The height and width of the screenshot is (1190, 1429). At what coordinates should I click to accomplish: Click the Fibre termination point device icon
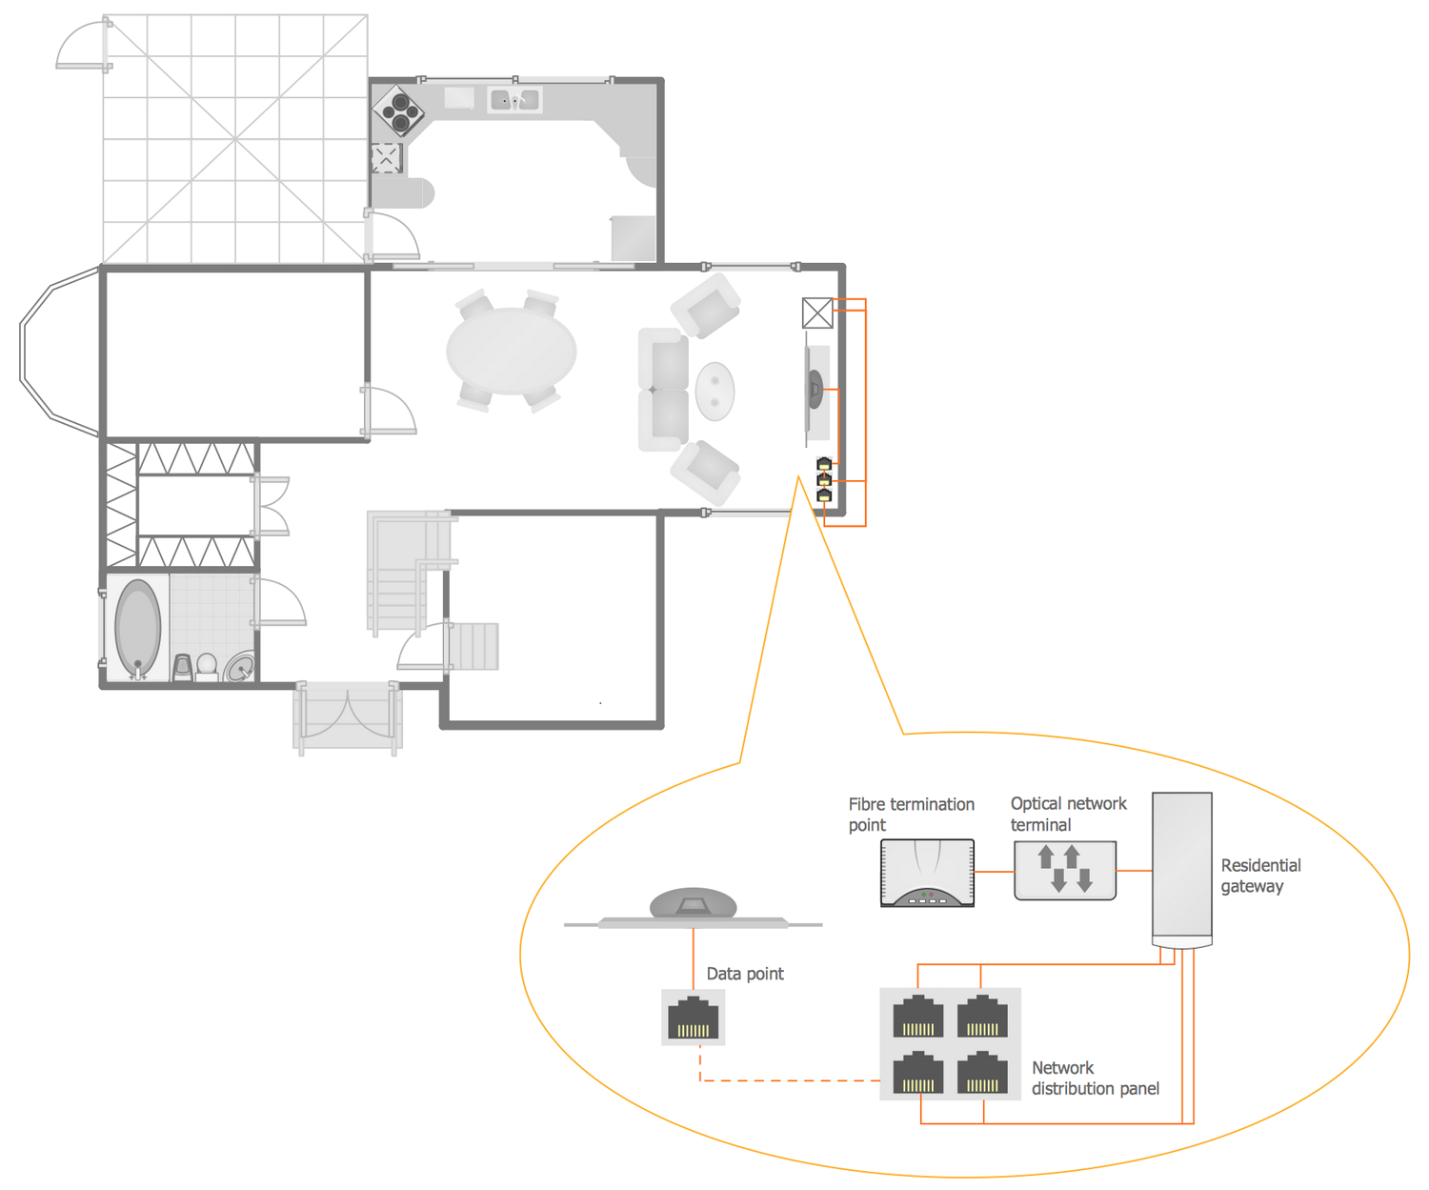[927, 872]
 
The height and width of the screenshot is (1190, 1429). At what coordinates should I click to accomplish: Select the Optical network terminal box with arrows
[1064, 870]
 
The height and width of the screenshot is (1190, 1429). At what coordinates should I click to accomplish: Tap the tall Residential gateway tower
[1181, 867]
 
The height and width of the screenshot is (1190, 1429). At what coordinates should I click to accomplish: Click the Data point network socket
[693, 1018]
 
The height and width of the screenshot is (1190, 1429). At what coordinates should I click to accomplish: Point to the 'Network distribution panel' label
[1095, 1079]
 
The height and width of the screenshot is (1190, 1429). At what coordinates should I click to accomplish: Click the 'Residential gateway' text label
[1259, 876]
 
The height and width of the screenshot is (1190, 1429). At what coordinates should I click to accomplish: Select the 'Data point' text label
[744, 974]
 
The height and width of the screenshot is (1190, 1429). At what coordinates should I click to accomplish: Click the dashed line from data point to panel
[791, 1080]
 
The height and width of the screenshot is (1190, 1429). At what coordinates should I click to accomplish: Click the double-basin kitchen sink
[514, 99]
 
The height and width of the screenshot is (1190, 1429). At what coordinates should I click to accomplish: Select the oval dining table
[511, 351]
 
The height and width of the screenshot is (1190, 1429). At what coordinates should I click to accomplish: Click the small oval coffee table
[714, 391]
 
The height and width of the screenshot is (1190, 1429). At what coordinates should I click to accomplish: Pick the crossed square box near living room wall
[816, 313]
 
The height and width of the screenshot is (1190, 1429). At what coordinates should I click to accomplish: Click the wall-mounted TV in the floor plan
[815, 389]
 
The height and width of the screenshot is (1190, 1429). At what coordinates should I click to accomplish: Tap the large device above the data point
[693, 906]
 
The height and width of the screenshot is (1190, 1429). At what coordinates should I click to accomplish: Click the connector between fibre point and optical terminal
[994, 871]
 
